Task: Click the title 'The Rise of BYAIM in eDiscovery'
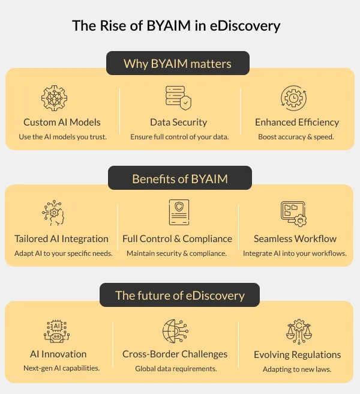(x=176, y=26)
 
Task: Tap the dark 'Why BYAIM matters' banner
(x=178, y=63)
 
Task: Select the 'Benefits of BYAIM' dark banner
(x=179, y=179)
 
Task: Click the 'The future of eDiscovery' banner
(x=180, y=295)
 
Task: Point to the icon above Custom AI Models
(x=55, y=98)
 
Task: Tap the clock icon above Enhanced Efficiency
(x=294, y=98)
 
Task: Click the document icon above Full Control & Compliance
(x=178, y=213)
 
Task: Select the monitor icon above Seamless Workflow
(x=294, y=213)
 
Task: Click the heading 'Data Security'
(x=178, y=123)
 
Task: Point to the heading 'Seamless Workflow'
(x=295, y=238)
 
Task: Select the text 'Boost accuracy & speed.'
(x=296, y=137)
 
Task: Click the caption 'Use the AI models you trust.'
(x=62, y=137)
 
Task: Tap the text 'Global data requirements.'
(x=176, y=369)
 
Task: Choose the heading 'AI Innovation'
(x=58, y=354)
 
